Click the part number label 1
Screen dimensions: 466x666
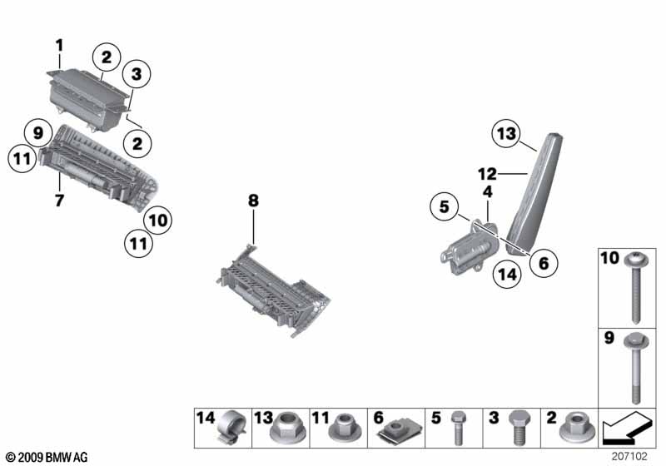59,43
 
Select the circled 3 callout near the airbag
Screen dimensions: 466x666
137,75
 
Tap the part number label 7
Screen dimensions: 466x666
59,201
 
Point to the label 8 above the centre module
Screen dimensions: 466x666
253,201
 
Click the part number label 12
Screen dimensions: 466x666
487,174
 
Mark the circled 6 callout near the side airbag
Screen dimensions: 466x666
543,263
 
